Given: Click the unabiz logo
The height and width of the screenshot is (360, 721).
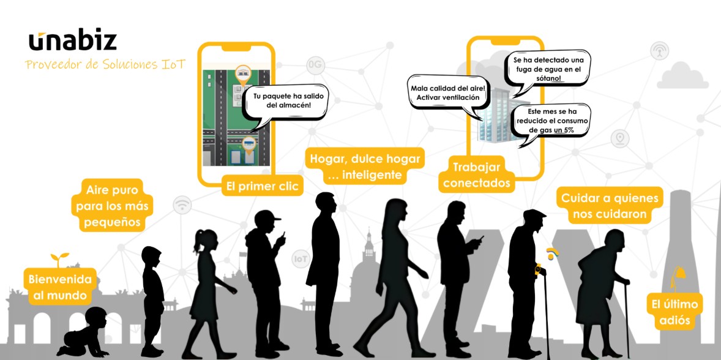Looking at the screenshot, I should [x=72, y=40].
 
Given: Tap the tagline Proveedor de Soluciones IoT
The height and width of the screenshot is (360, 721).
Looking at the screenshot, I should [x=105, y=64].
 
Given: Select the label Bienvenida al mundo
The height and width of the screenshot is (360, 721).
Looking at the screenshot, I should [x=60, y=288].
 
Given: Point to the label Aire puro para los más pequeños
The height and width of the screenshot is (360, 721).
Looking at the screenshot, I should [x=114, y=204].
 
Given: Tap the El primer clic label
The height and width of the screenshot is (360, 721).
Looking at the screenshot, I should [x=263, y=187].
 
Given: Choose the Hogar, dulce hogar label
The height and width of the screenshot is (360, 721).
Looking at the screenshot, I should [x=365, y=167].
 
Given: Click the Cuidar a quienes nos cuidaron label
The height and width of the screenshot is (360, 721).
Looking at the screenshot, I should [x=610, y=207].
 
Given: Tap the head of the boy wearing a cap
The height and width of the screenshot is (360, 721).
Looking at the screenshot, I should [x=267, y=222].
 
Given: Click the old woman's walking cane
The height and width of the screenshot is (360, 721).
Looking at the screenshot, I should [x=626, y=318].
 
